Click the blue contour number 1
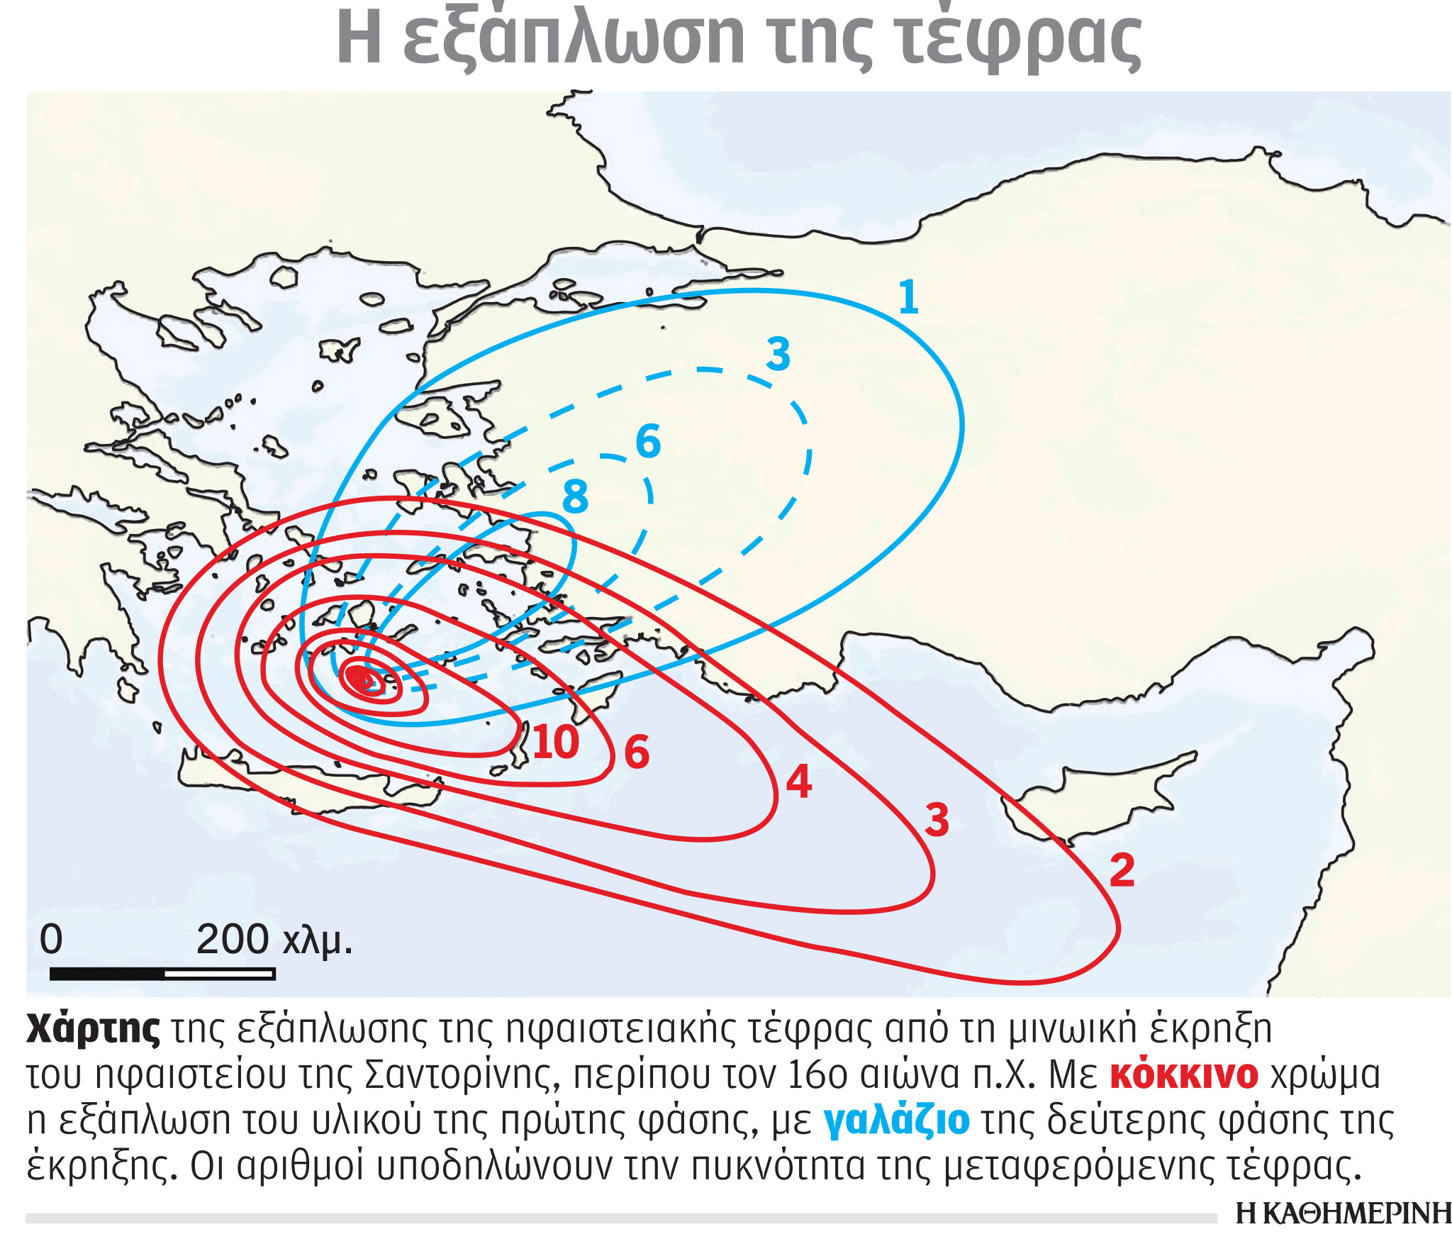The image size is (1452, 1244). (908, 297)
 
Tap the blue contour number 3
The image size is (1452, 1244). (778, 354)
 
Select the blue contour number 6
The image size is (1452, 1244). (648, 441)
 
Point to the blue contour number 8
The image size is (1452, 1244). (575, 496)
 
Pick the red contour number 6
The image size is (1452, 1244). (637, 752)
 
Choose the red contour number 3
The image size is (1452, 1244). (937, 821)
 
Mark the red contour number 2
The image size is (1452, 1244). (1122, 870)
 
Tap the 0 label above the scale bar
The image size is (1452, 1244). (51, 939)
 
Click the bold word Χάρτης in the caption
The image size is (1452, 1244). (93, 1029)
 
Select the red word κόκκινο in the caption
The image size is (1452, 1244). (1183, 1075)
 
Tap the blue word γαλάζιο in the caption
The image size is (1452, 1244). (896, 1121)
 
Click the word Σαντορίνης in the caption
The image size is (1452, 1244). (463, 1075)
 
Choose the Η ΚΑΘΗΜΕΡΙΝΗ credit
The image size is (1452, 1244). (1343, 1214)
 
